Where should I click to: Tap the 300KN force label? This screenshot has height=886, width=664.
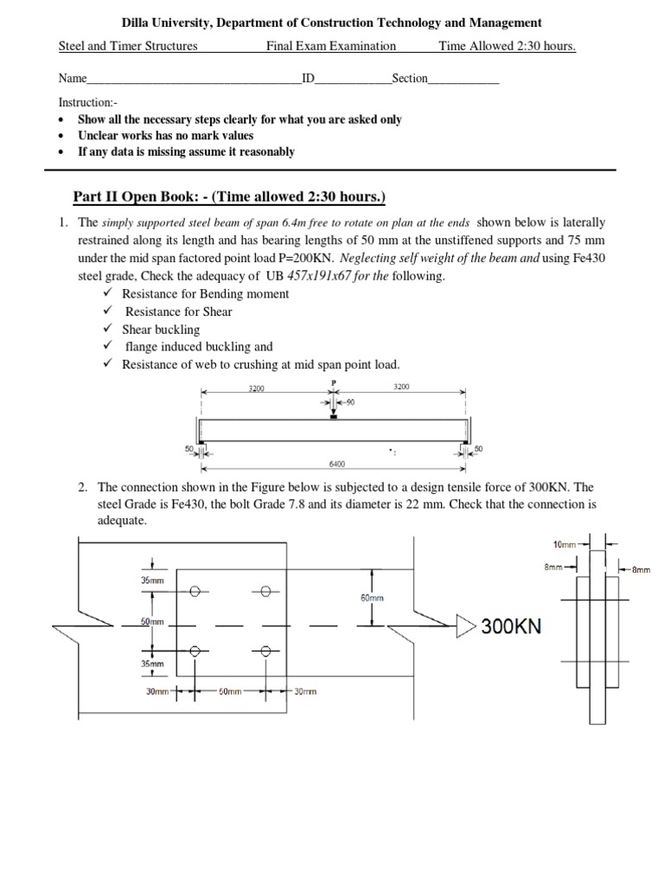pyautogui.click(x=512, y=626)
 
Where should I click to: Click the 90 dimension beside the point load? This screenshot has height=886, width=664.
pyautogui.click(x=349, y=402)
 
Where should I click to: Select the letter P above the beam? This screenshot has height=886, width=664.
pyautogui.click(x=333, y=382)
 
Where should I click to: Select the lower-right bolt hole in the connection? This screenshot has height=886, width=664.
pyautogui.click(x=265, y=652)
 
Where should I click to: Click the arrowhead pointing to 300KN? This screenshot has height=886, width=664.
pyautogui.click(x=466, y=626)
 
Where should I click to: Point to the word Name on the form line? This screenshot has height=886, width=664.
pyautogui.click(x=73, y=79)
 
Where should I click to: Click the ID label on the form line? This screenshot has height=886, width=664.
pyautogui.click(x=308, y=79)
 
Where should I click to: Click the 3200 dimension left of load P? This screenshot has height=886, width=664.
pyautogui.click(x=257, y=388)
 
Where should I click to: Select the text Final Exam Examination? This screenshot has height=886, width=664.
pyautogui.click(x=331, y=46)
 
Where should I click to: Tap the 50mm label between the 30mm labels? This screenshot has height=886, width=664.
pyautogui.click(x=229, y=691)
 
